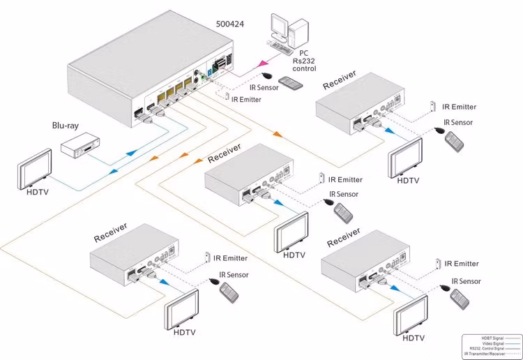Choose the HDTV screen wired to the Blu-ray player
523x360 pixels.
pyautogui.click(x=34, y=167)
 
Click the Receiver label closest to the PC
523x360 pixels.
pyautogui.click(x=340, y=79)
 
